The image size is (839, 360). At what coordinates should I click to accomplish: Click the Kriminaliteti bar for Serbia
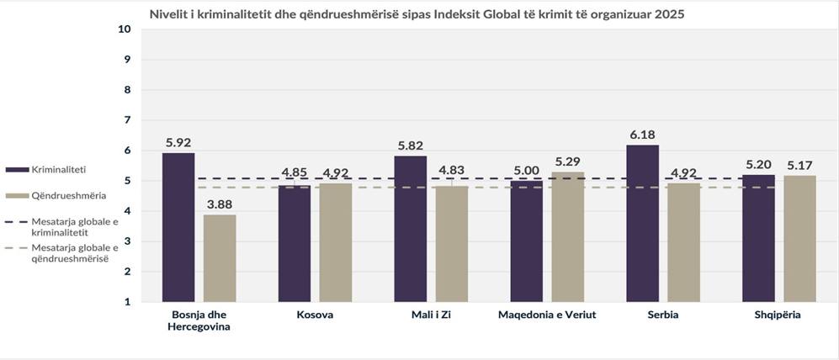(x=643, y=224)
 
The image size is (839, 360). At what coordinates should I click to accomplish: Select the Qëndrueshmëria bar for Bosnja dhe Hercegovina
(x=220, y=258)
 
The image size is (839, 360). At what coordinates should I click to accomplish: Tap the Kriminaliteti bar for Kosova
(x=295, y=244)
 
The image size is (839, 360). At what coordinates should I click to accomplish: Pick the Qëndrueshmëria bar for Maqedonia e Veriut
(x=567, y=237)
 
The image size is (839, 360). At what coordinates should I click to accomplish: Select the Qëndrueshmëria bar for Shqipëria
(x=799, y=239)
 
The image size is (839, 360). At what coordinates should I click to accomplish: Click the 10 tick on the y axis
(x=125, y=29)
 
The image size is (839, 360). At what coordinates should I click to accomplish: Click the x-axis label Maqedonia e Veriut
(x=547, y=315)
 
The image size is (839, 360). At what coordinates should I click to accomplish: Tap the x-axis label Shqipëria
(x=778, y=315)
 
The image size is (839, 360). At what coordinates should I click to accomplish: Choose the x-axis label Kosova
(x=315, y=315)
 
